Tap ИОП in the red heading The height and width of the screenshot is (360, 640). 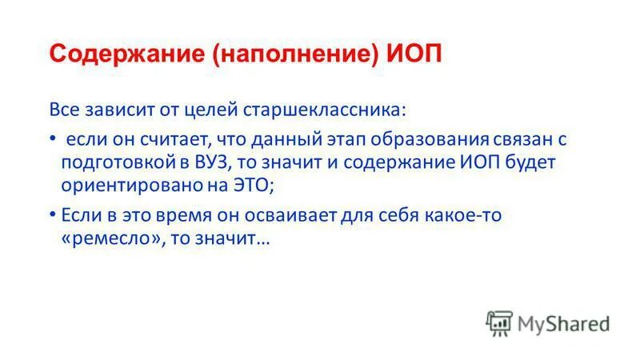coord(414,55)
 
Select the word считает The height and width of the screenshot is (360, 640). coord(170,139)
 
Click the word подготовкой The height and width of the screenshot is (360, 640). coord(118,163)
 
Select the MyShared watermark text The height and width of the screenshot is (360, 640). coord(564,322)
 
